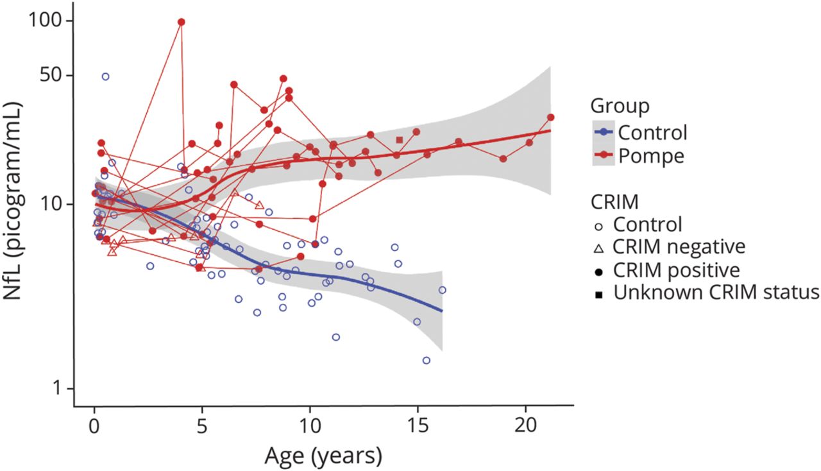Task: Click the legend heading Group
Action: click(620, 105)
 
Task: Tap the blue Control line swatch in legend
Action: click(603, 133)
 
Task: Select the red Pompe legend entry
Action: click(650, 156)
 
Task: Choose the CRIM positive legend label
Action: click(676, 270)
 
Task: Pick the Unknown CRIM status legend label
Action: click(716, 292)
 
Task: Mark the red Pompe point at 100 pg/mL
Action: click(182, 22)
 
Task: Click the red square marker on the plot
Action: click(400, 140)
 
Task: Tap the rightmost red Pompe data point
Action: click(550, 117)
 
